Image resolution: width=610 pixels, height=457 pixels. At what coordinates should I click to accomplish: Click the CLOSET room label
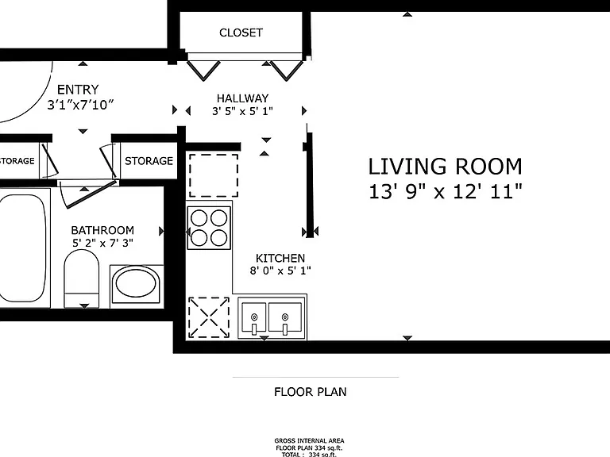coord(241,33)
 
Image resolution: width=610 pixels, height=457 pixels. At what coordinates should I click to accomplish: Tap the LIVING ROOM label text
coord(445,167)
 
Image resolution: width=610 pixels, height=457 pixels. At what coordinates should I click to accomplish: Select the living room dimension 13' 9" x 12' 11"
coord(445,191)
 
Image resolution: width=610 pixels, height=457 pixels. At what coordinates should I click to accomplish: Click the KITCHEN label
coord(280,258)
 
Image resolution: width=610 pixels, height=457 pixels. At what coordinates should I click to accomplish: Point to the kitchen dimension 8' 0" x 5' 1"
coord(280,271)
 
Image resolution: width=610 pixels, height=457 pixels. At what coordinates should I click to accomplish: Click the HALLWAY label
coord(243,98)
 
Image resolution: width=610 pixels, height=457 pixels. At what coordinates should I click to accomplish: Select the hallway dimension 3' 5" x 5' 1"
coord(242,111)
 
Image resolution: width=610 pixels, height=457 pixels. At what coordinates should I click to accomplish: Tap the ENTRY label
coord(78,90)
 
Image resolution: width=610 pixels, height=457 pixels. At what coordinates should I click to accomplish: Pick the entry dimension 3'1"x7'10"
coord(80,105)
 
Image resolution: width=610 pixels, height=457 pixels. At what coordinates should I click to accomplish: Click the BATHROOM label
coord(102,230)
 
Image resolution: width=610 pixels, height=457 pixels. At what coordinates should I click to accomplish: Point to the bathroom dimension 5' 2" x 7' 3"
coord(102,243)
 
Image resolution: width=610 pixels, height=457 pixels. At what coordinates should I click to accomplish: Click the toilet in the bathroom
coord(81,279)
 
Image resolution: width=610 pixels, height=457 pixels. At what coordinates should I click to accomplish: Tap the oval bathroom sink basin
coord(137,284)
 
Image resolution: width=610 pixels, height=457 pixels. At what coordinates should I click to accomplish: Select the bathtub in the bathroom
coord(24,248)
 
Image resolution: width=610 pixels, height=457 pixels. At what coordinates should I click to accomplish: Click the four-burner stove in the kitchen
coord(209,228)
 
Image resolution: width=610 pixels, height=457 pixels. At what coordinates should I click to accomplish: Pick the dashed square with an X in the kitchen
coord(209,317)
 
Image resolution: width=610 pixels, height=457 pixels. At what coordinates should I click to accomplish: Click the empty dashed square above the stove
coord(214,175)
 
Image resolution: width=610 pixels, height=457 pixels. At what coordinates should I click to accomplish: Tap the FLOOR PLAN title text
coord(310,392)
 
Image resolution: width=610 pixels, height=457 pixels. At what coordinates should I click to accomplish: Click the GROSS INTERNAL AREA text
coord(309,440)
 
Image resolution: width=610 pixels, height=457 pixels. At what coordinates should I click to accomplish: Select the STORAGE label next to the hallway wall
coord(149,161)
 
